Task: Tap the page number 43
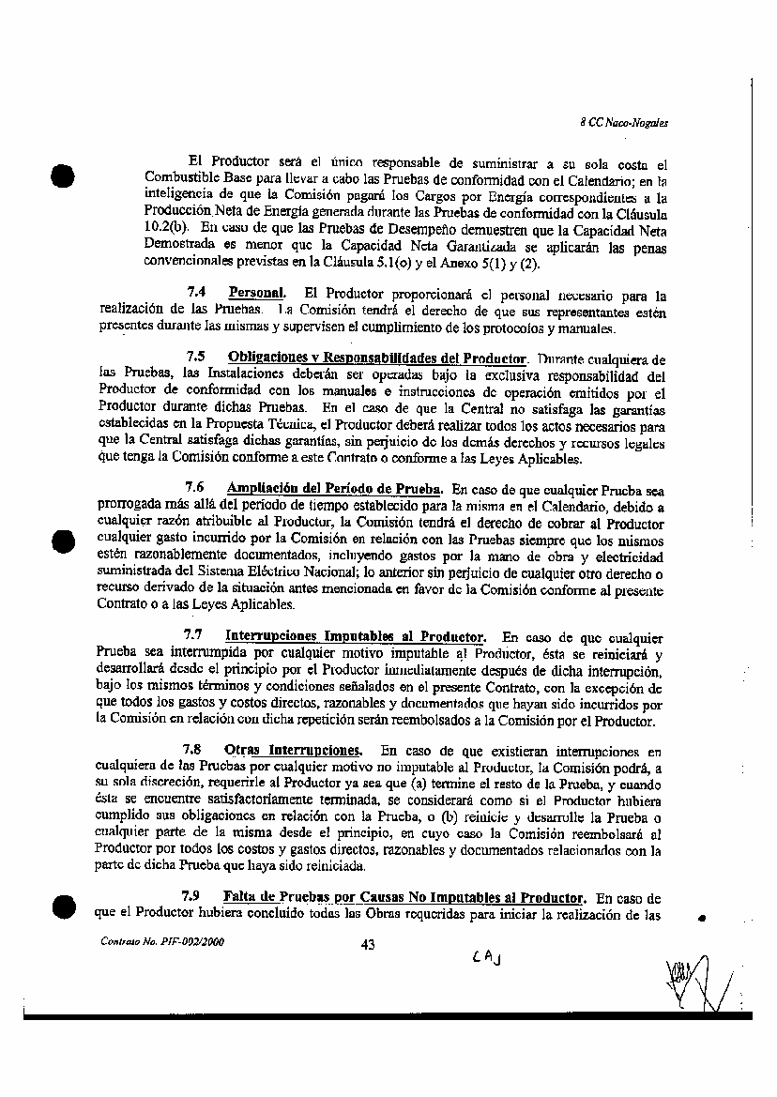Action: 368,945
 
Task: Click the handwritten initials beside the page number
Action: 487,956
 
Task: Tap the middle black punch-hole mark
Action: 62,543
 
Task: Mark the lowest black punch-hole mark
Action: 62,906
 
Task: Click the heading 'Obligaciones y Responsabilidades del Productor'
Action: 377,358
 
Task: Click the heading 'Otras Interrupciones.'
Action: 293,750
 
